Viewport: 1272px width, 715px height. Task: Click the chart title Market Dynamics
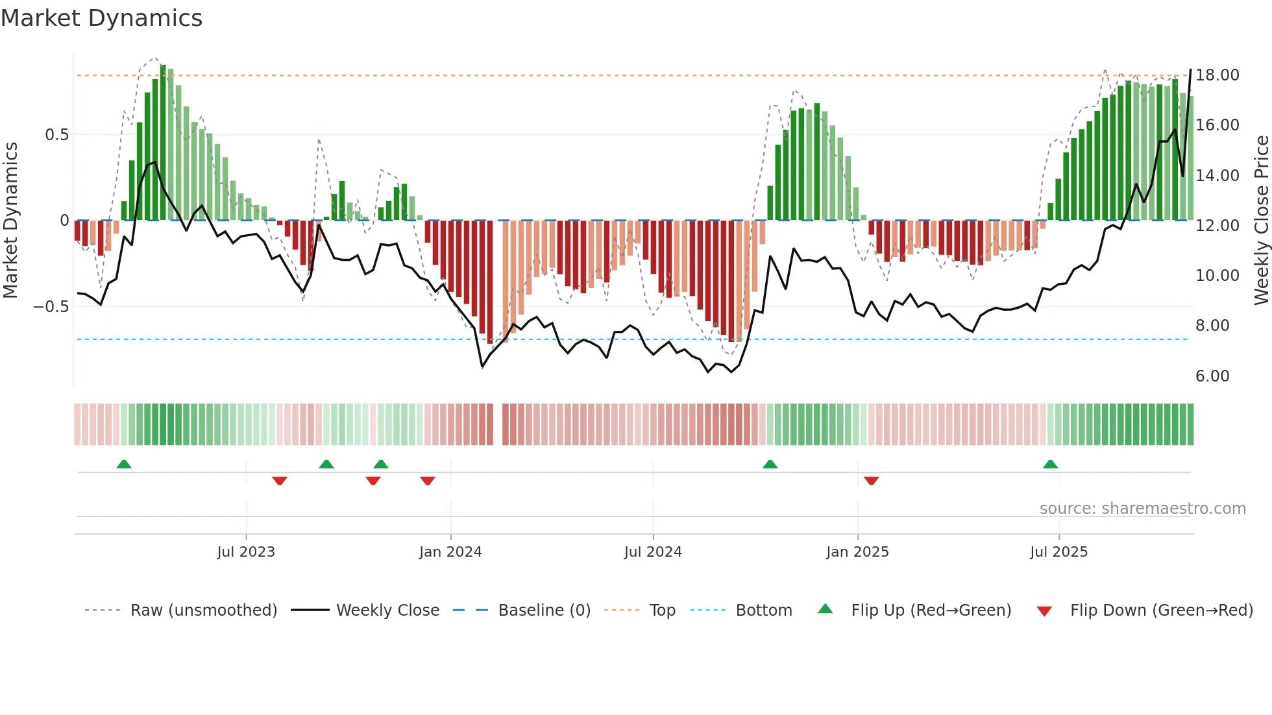tap(101, 18)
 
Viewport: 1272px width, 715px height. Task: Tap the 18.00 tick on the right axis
tap(1217, 75)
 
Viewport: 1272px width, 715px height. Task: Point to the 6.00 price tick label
tap(1212, 376)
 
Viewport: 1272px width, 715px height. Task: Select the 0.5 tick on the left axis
tap(56, 135)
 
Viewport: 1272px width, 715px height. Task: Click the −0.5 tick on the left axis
tap(51, 307)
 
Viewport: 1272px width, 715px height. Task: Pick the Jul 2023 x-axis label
tap(246, 552)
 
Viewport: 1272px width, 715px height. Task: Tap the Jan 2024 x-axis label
tap(450, 552)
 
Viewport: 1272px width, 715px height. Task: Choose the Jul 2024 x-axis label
tap(653, 552)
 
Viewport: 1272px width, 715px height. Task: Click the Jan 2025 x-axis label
tap(857, 552)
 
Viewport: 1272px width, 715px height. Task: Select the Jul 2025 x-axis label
tap(1058, 552)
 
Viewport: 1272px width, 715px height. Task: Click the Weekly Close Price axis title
tap(1261, 220)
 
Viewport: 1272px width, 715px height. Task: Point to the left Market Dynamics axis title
tap(10, 220)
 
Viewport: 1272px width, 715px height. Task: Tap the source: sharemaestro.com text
tap(1142, 509)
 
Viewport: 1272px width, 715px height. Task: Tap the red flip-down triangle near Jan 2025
tap(871, 481)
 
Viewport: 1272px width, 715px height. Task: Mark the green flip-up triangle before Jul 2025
tap(1050, 464)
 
